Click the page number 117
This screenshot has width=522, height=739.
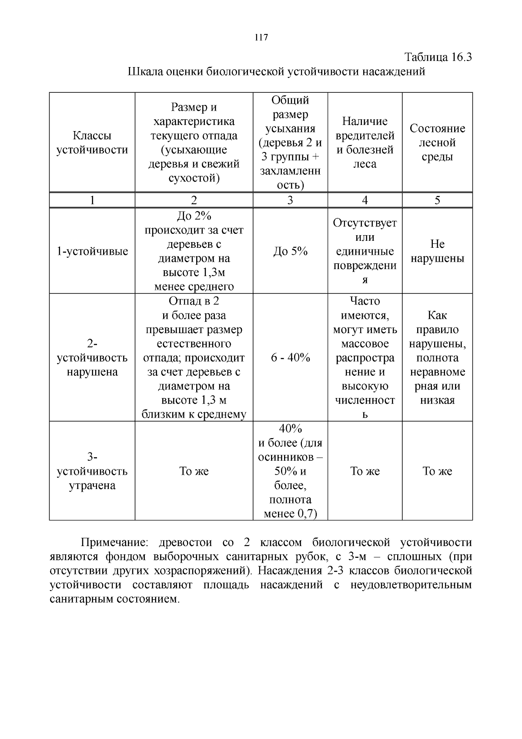(261, 37)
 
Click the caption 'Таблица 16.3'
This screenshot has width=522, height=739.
(438, 57)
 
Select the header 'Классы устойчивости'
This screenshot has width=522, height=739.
(92, 143)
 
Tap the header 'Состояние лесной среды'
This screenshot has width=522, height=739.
(437, 142)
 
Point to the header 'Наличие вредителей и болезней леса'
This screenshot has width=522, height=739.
(365, 142)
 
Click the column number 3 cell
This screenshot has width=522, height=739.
(290, 200)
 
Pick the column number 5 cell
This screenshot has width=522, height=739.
(437, 200)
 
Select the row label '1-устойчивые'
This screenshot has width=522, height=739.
(92, 251)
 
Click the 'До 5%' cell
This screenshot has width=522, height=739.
(290, 251)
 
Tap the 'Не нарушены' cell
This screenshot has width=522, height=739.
(437, 251)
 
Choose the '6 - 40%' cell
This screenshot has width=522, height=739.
(290, 358)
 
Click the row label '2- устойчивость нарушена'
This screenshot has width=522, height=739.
(92, 358)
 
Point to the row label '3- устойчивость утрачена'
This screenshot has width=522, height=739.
(92, 471)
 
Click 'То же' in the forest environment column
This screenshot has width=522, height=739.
(437, 471)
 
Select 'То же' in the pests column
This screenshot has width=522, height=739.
(365, 471)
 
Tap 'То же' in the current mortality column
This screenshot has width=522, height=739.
(194, 471)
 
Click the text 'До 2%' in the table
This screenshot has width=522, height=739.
(194, 216)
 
